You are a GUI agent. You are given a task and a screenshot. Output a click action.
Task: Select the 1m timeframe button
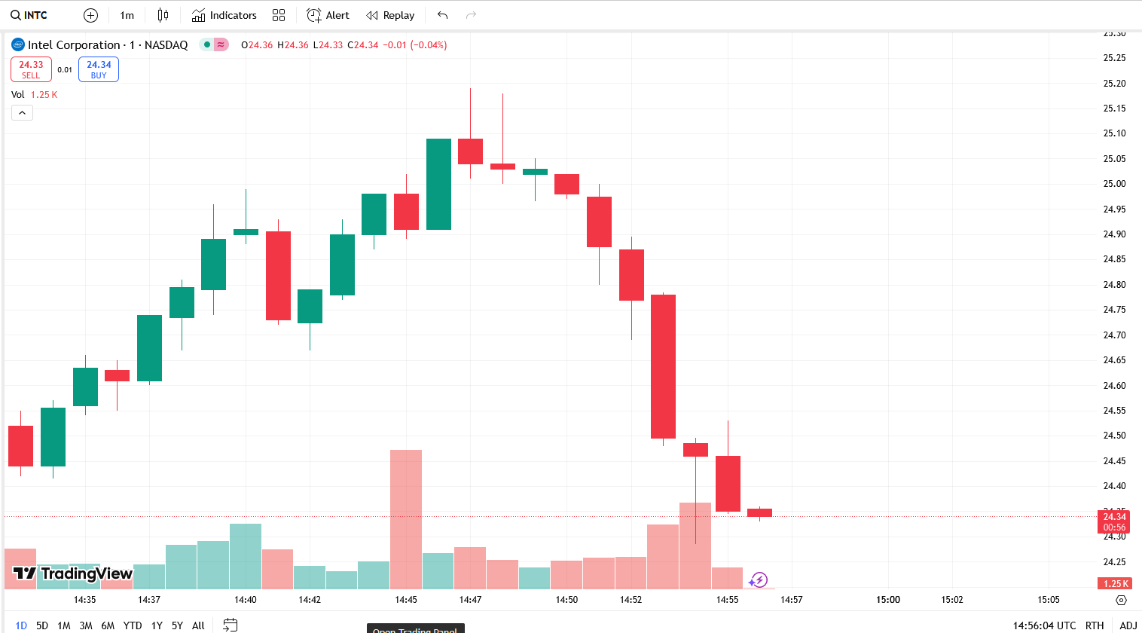pos(127,15)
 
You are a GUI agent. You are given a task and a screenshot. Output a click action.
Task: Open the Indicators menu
pos(224,15)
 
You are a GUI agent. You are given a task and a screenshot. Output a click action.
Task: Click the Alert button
pos(328,15)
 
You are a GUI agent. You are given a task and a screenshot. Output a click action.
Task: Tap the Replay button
pos(390,15)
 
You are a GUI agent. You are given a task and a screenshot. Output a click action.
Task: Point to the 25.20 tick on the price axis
pos(1114,84)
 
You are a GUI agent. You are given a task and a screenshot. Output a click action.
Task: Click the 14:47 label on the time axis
pos(470,600)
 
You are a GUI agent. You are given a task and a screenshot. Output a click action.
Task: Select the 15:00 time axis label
pos(888,600)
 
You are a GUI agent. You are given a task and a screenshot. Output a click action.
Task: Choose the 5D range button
pos(42,625)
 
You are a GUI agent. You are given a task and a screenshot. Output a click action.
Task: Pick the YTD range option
pos(133,625)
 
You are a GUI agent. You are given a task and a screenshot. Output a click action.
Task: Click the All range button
pos(198,625)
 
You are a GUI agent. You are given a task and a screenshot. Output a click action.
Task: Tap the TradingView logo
pos(73,574)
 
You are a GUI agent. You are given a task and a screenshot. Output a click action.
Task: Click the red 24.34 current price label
pos(1114,517)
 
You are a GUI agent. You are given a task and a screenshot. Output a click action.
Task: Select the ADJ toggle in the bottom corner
pos(1128,625)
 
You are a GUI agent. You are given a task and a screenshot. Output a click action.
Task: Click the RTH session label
pos(1095,625)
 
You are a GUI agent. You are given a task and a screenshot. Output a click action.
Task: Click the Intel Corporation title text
pos(74,45)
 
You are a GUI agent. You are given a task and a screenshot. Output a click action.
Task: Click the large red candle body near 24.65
pos(663,366)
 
